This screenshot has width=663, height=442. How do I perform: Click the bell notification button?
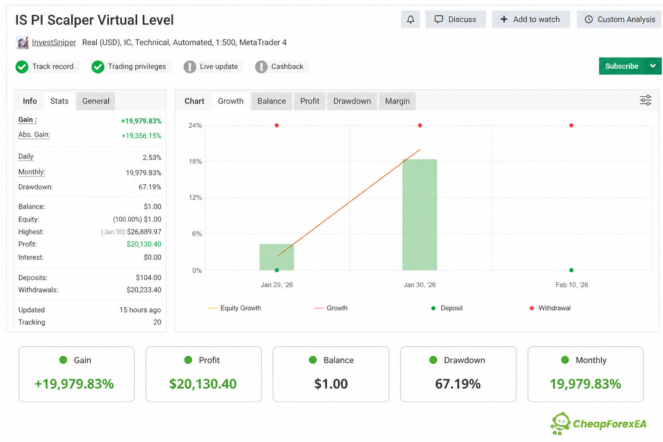[x=410, y=19]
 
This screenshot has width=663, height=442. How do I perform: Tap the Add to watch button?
[x=530, y=19]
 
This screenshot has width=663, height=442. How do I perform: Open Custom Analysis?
[x=619, y=19]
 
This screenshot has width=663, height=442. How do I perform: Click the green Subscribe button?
[x=622, y=66]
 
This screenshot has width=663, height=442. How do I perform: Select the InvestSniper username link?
[x=54, y=42]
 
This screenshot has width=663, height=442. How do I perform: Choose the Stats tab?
[x=59, y=101]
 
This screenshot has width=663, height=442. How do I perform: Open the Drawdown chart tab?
[x=352, y=101]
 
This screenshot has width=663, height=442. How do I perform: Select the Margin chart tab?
[x=397, y=101]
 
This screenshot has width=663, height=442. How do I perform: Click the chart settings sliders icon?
[x=646, y=101]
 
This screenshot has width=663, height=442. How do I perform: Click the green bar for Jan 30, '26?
[x=420, y=215]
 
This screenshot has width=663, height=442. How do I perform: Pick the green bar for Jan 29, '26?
[x=277, y=257]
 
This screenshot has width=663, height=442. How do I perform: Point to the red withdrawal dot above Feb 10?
[x=571, y=126]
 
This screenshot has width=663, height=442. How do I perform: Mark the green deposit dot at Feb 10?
[x=571, y=270]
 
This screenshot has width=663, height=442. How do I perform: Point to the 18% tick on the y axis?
[x=196, y=161]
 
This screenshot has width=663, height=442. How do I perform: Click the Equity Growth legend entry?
[x=234, y=308]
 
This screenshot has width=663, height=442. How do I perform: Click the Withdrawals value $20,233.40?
[x=144, y=290]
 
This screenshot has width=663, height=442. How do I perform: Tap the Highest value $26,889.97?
[x=144, y=232]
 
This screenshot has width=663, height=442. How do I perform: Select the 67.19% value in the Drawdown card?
[x=458, y=384]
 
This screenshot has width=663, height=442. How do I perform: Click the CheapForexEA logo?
[x=599, y=423]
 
